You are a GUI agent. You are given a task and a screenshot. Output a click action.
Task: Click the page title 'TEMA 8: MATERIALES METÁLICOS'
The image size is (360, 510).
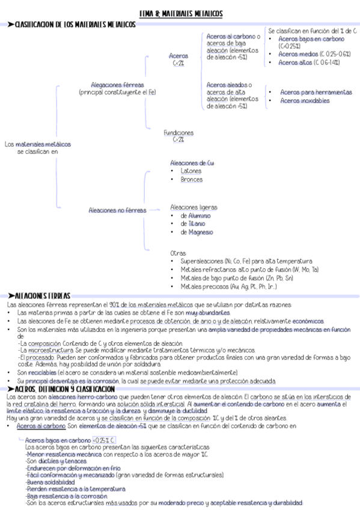coord(180,13)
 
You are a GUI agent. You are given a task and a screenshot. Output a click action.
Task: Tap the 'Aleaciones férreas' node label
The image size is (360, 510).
coord(117,85)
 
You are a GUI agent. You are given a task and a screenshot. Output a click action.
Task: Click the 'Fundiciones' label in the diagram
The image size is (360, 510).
coord(178,132)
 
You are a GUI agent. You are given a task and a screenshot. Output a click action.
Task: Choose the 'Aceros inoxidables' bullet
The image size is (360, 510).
coord(305,101)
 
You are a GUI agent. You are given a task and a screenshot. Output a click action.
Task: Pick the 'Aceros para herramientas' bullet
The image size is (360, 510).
coord(316,92)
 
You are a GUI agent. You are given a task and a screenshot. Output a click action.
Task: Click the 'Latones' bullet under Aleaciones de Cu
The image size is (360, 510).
coord(191,171)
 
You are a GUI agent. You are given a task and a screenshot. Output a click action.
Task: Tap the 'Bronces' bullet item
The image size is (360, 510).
coord(191,179)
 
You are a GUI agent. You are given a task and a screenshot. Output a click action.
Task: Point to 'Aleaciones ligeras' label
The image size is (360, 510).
coord(194,207)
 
